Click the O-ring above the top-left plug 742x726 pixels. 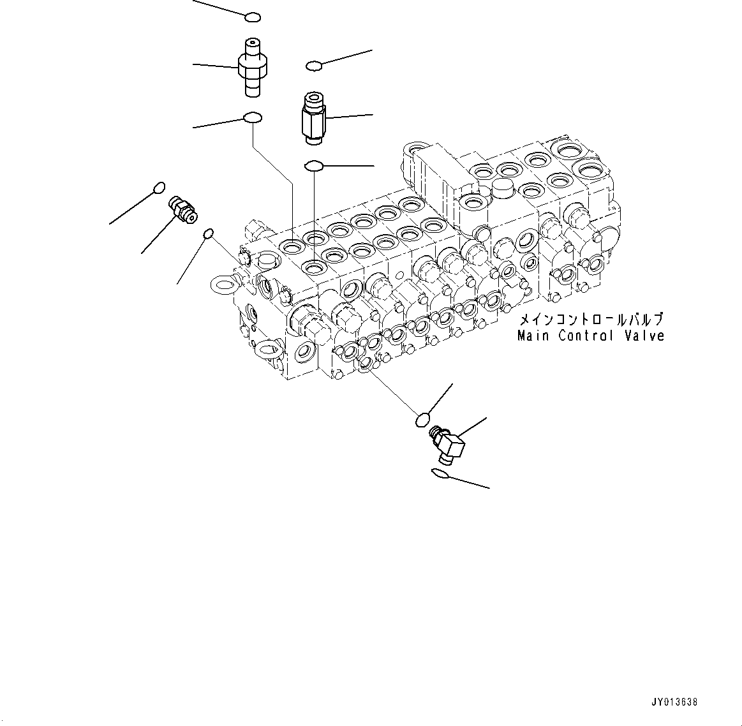(253, 17)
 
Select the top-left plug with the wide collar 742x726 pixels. (252, 67)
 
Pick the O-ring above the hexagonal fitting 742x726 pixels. (314, 66)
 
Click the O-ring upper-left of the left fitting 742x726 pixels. (160, 187)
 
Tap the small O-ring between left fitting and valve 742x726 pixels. (207, 235)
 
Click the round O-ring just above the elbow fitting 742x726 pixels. (422, 419)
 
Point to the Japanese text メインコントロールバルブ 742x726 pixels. (590, 320)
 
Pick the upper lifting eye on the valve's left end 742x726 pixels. (221, 285)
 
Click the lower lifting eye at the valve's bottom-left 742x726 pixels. (267, 346)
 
